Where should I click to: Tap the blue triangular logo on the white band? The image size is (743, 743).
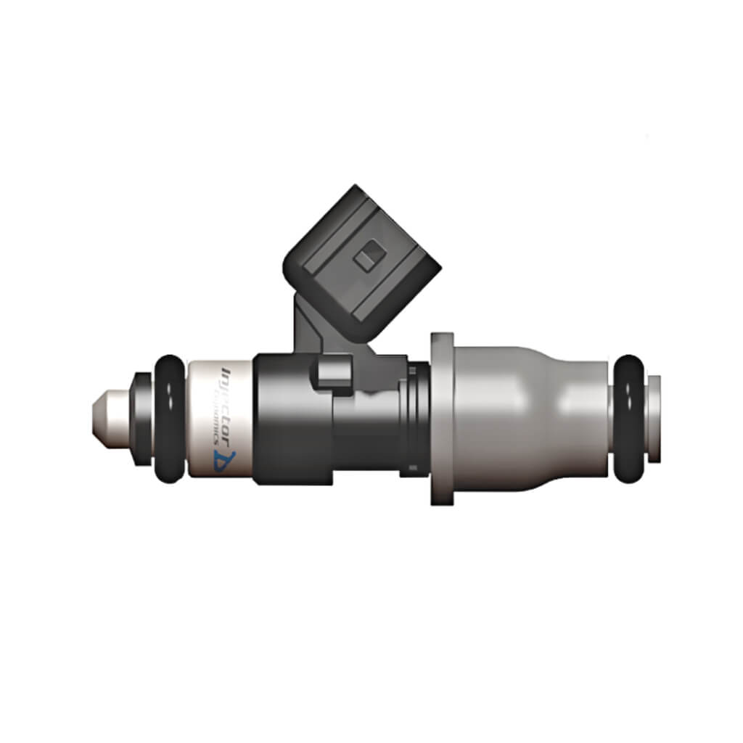click(222, 463)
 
